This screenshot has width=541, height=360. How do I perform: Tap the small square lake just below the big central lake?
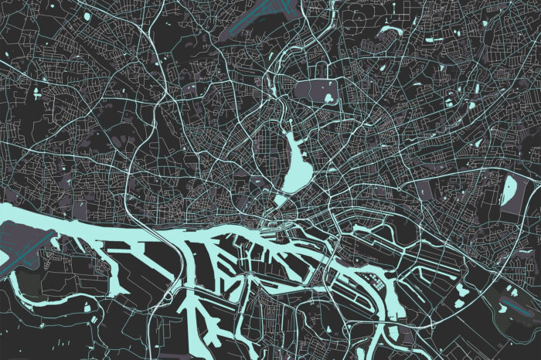coord(279,200)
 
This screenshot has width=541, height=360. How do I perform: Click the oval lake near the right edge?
coord(510,190)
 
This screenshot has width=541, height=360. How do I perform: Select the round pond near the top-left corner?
coord(87,15)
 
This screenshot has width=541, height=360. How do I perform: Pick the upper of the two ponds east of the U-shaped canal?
coord(461,288)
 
